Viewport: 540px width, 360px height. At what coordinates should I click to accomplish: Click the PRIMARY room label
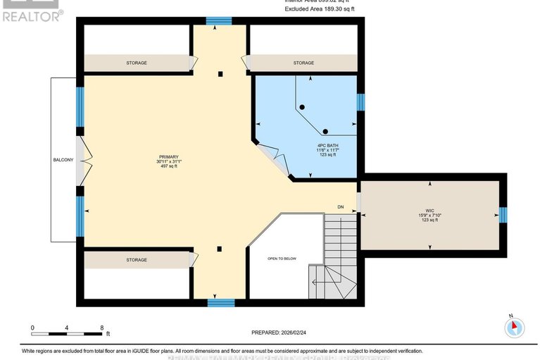pyautogui.click(x=168, y=156)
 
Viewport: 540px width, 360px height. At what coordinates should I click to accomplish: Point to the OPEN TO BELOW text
pyautogui.click(x=282, y=259)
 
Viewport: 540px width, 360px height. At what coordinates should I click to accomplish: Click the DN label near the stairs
pyautogui.click(x=341, y=206)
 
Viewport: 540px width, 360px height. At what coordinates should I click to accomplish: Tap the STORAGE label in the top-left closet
pyautogui.click(x=137, y=63)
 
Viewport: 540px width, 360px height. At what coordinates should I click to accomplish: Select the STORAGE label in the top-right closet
pyautogui.click(x=303, y=63)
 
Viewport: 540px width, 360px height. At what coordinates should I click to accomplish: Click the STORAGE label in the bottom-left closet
pyautogui.click(x=137, y=260)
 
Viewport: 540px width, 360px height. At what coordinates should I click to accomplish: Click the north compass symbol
pyautogui.click(x=515, y=327)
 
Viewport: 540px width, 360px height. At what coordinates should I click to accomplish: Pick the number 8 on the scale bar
pyautogui.click(x=102, y=328)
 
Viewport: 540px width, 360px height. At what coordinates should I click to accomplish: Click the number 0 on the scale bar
pyautogui.click(x=32, y=328)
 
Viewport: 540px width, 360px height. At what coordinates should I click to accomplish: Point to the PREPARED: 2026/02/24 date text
pyautogui.click(x=282, y=333)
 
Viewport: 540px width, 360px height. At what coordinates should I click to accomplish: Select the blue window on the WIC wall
pyautogui.click(x=503, y=215)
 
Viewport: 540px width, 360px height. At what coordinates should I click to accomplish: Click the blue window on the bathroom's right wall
pyautogui.click(x=360, y=103)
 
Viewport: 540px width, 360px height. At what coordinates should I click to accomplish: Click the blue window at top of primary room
pyautogui.click(x=220, y=21)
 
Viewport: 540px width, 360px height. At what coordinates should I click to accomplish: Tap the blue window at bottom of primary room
pyautogui.click(x=220, y=303)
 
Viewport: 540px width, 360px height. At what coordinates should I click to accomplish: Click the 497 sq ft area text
pyautogui.click(x=168, y=167)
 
